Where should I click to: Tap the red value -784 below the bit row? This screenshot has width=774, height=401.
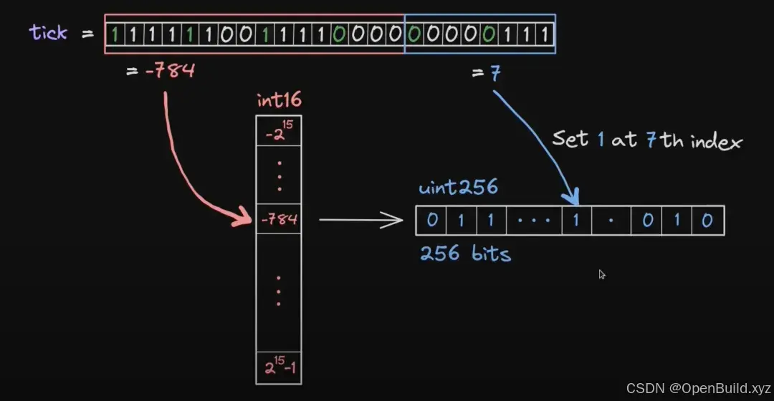169,72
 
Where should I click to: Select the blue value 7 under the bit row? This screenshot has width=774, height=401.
495,74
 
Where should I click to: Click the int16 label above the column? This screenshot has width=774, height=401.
279,102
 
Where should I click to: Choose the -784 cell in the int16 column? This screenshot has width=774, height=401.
279,220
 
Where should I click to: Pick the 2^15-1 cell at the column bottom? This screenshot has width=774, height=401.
279,368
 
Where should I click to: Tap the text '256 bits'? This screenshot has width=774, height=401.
466,253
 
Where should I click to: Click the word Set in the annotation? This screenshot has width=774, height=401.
570,138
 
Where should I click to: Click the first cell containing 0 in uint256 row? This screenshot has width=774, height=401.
431,221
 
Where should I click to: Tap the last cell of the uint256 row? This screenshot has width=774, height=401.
707,221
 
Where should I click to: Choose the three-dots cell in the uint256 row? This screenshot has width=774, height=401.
535,221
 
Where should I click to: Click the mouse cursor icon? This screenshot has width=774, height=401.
602,274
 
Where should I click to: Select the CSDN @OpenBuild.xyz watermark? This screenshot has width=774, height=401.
696,388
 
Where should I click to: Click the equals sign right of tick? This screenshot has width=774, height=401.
87,34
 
